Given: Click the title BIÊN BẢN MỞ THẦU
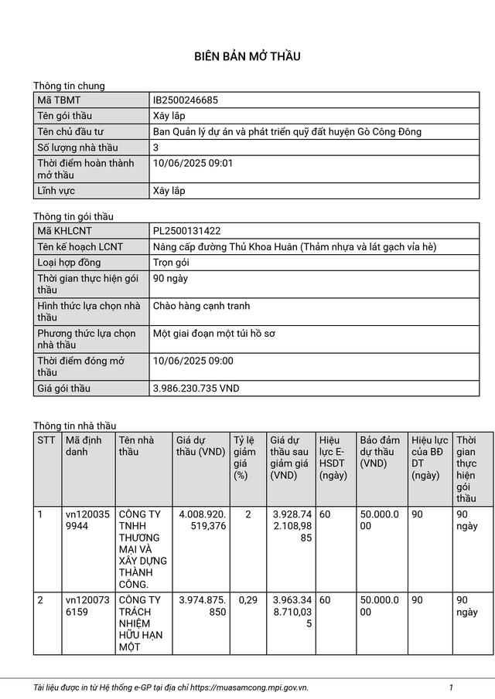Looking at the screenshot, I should click(x=247, y=56).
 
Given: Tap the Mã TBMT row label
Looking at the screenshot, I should click(x=58, y=100).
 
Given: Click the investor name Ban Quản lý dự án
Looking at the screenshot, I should click(x=287, y=131).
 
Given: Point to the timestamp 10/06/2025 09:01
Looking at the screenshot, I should click(x=193, y=163).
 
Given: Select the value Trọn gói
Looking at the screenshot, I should click(x=171, y=263).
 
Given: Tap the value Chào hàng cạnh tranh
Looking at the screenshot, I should click(x=201, y=306).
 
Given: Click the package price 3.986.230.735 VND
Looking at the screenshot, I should click(x=196, y=389).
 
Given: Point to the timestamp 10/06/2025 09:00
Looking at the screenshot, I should click(x=193, y=361).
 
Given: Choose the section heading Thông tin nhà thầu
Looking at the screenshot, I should click(x=74, y=426).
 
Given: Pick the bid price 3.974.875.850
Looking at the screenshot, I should click(x=201, y=606).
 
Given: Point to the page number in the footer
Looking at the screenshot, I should click(x=451, y=687).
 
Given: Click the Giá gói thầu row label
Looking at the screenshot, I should click(x=63, y=389).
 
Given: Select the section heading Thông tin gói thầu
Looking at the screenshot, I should click(x=73, y=216).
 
